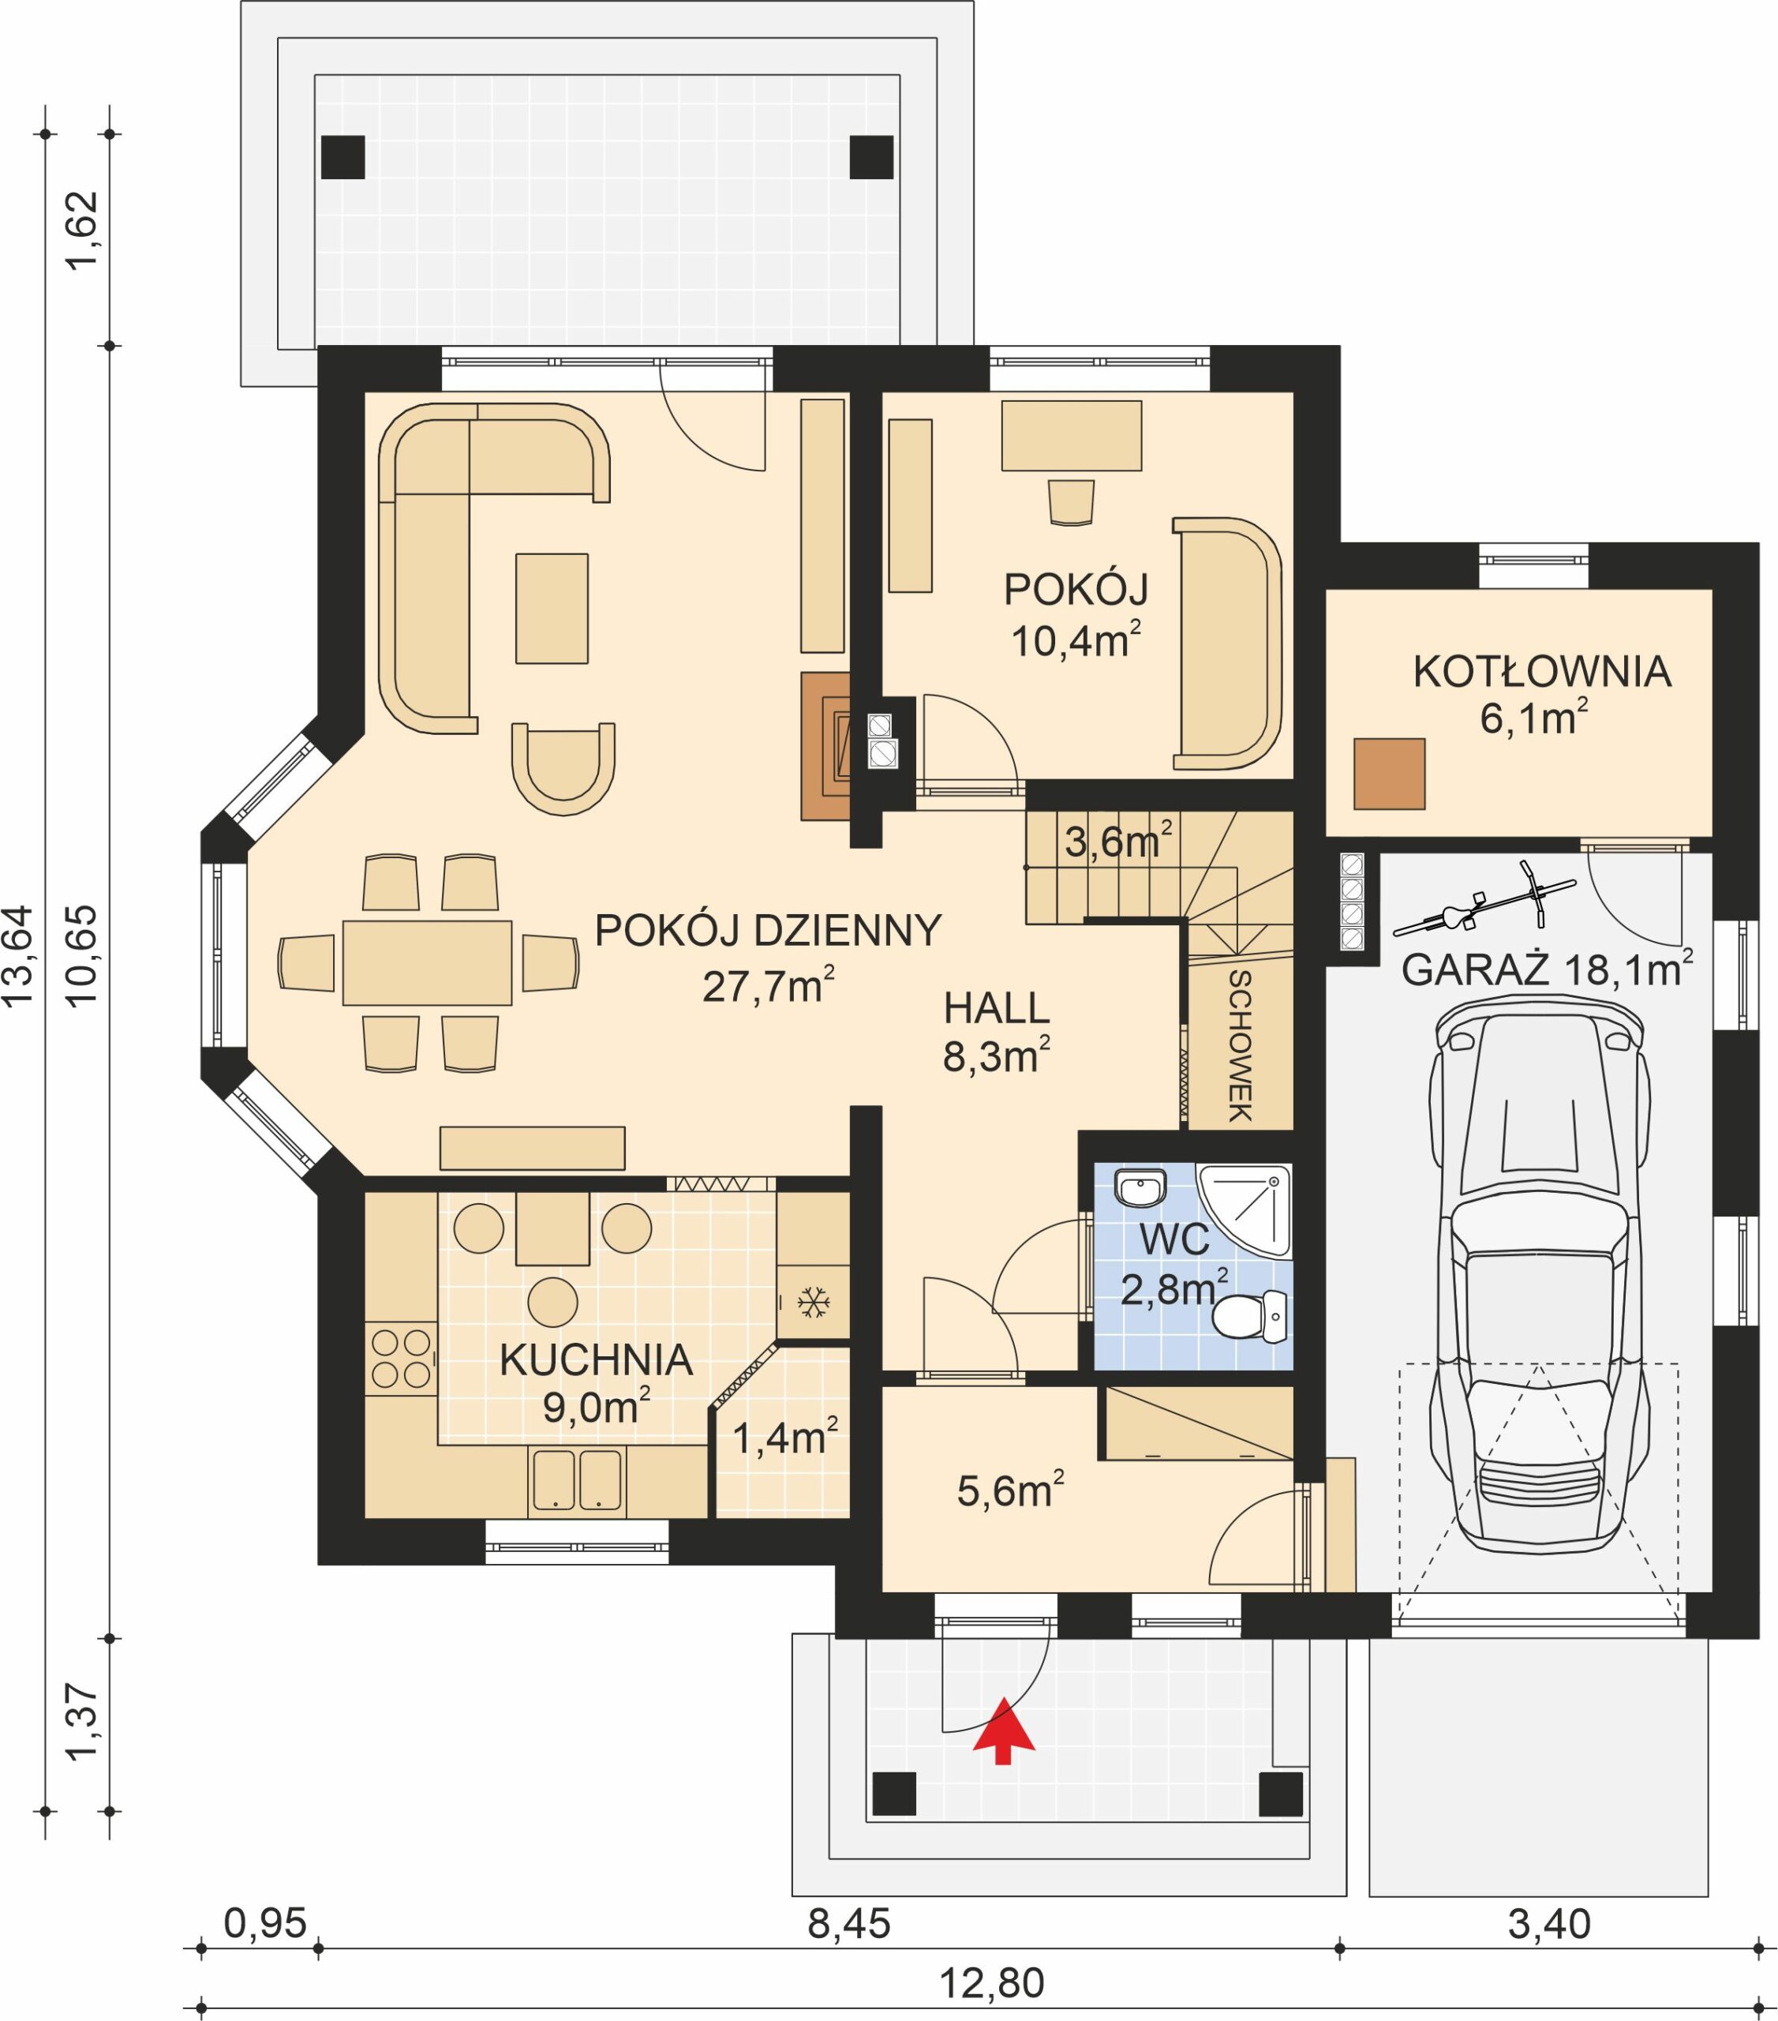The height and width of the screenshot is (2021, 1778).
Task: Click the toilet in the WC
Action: coord(1249,1317)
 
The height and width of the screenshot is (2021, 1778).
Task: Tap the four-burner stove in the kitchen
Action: coord(400,1358)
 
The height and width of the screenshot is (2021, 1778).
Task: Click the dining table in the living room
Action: coord(427,962)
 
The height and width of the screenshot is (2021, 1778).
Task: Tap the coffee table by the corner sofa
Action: coord(552,607)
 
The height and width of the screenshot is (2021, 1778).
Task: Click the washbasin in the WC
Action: coord(1140,1187)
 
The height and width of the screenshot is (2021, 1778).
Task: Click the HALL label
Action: coord(996,1008)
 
